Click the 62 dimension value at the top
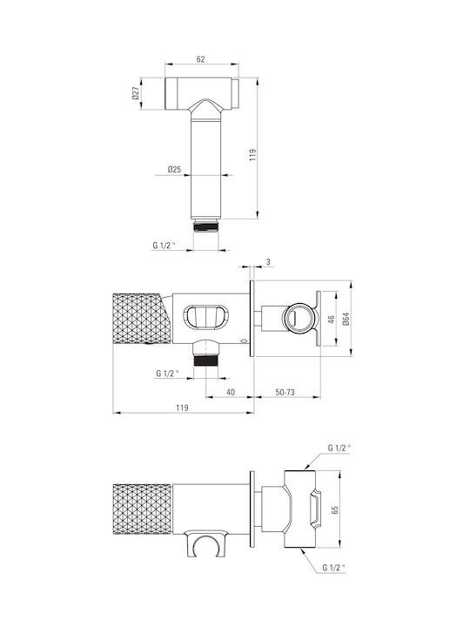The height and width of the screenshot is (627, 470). point(201,59)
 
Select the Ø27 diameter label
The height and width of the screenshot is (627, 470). point(136,93)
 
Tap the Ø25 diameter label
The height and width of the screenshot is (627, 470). point(174,169)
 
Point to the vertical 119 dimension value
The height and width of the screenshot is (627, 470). point(252,155)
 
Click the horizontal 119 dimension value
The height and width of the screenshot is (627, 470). point(182,408)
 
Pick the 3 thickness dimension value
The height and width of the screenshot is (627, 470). point(268,262)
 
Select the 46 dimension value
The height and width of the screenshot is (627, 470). point(331,320)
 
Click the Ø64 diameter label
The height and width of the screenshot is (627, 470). point(346,319)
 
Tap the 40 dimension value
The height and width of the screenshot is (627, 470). point(231,392)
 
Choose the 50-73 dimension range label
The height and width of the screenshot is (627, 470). point(285,392)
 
